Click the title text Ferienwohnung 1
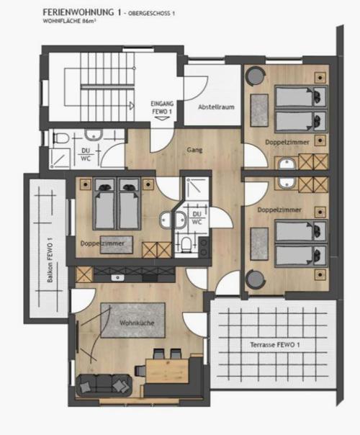82,12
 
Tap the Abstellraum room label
216,107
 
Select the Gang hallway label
194,150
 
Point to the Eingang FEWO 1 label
162,107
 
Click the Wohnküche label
137,323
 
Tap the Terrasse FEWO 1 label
275,345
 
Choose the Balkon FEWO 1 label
50,260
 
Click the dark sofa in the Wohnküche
104,385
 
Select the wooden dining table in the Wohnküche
167,371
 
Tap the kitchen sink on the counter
118,278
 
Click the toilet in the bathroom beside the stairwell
60,138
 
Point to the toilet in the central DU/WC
185,244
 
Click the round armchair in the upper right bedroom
255,76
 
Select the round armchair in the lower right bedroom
255,279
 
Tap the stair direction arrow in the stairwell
132,105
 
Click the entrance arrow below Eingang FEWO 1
162,118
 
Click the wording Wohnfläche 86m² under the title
70,21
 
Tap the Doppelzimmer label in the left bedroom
102,243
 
